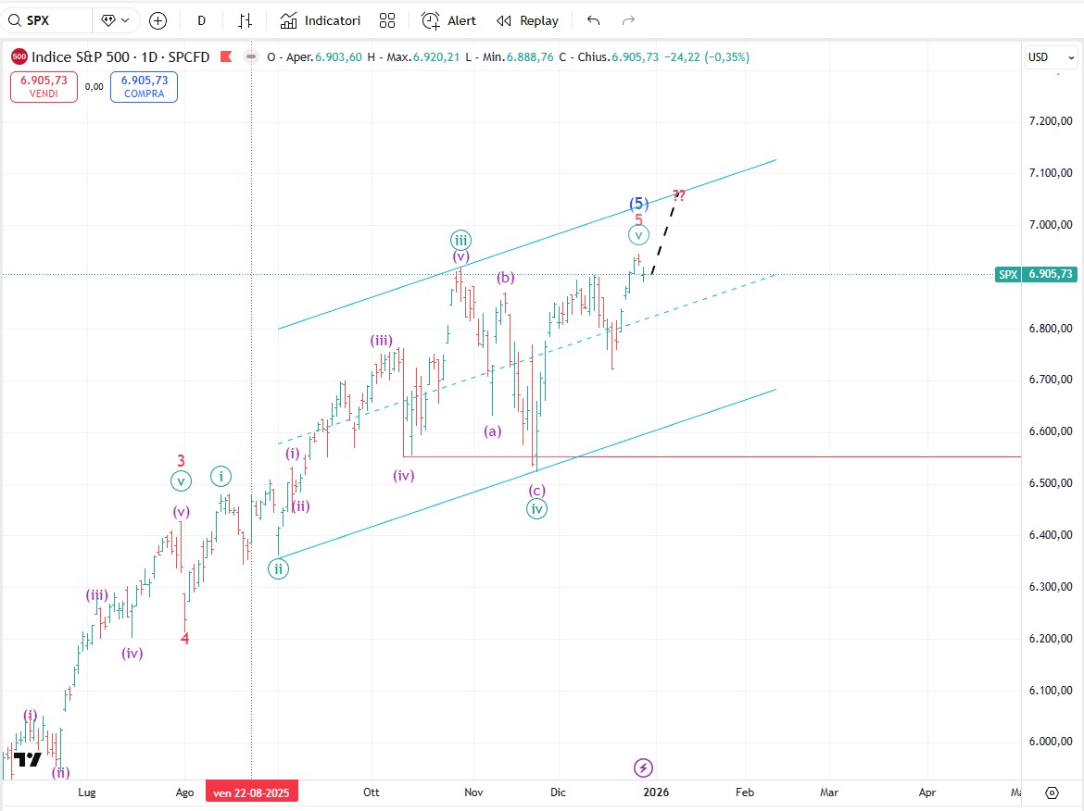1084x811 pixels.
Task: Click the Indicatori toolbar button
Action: [x=321, y=20]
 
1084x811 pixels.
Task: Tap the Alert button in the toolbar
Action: [x=448, y=20]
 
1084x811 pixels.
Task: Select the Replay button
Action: [x=527, y=20]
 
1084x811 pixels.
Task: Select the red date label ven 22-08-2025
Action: [x=252, y=792]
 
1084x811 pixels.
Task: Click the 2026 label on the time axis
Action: [x=656, y=792]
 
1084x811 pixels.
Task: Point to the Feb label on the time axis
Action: [x=744, y=792]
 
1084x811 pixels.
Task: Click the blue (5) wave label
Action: [x=638, y=204]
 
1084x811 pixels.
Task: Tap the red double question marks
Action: [x=679, y=195]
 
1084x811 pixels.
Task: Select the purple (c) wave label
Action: [x=537, y=490]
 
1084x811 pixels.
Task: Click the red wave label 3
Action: [x=182, y=460]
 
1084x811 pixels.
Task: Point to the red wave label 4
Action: [x=184, y=638]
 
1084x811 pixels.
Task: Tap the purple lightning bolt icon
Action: [x=644, y=767]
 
